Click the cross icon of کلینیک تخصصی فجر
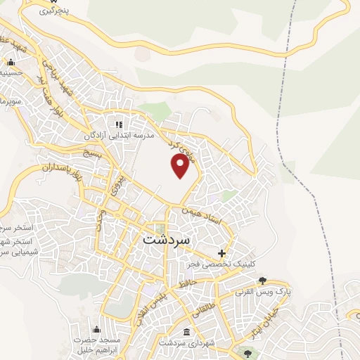point(222,253)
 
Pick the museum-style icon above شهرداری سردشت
point(186,332)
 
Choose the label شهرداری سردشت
point(181,342)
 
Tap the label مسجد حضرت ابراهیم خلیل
point(97,345)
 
